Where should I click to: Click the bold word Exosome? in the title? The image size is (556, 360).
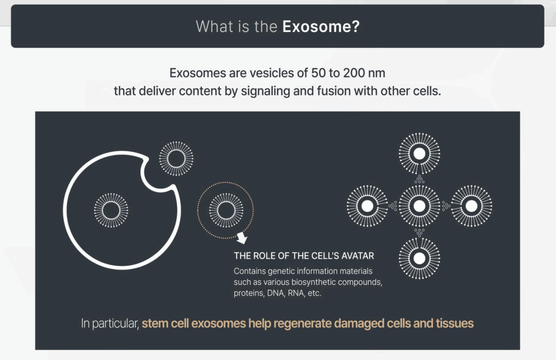click(x=321, y=27)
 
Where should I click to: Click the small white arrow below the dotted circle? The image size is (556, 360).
click(x=242, y=238)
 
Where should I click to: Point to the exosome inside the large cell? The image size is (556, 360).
click(x=111, y=210)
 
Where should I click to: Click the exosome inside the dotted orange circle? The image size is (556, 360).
click(x=226, y=210)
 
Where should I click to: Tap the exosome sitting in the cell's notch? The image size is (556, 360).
click(x=176, y=159)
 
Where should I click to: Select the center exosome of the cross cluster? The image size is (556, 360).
click(x=420, y=206)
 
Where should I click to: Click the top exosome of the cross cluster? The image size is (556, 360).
click(x=420, y=154)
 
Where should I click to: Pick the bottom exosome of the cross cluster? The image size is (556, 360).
click(x=420, y=258)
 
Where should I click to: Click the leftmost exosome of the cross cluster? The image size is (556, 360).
click(x=368, y=206)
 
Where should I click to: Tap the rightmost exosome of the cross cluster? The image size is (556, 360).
click(x=471, y=206)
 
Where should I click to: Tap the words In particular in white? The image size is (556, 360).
click(x=110, y=324)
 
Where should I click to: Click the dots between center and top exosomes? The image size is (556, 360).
click(x=420, y=180)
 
